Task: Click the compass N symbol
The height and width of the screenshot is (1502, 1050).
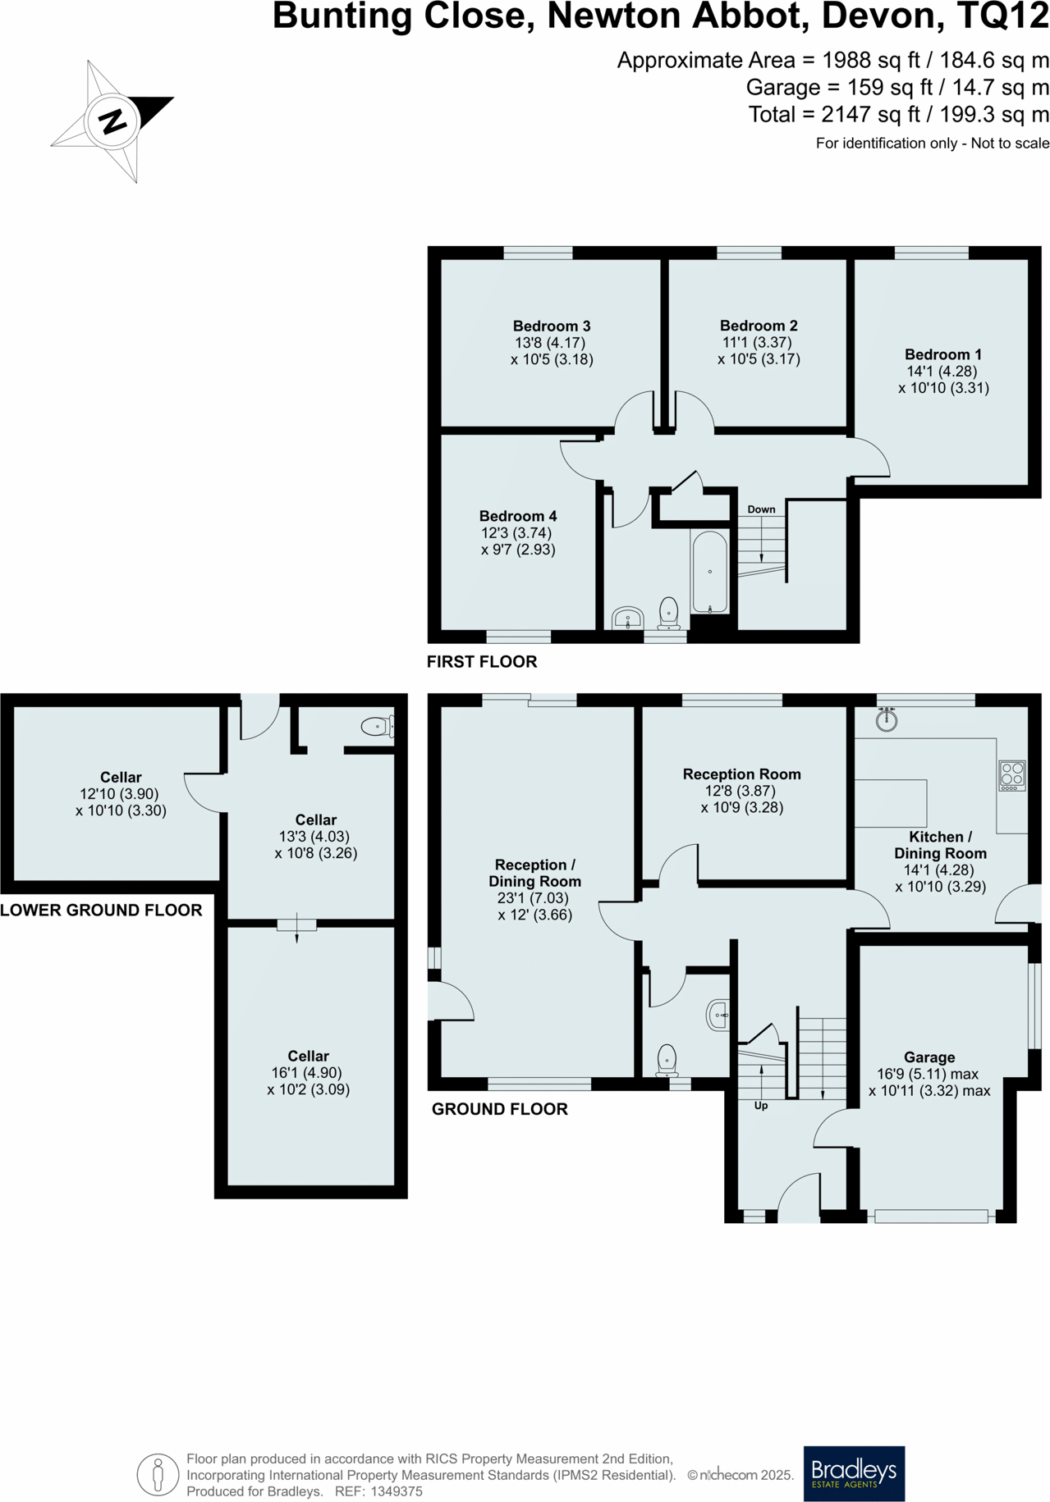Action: tap(112, 121)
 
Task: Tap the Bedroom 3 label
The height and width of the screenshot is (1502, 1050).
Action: tap(551, 326)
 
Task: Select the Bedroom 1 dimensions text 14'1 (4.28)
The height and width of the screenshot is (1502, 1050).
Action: tap(942, 371)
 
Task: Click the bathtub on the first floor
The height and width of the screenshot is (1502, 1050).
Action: tap(710, 573)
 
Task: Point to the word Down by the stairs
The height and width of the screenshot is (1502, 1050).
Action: tap(761, 509)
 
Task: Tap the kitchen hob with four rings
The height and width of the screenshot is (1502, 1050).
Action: tap(1012, 775)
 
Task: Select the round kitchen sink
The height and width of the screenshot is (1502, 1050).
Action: tap(887, 720)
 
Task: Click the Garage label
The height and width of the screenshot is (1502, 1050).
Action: tap(928, 1057)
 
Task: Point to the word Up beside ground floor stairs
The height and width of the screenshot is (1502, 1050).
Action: tap(761, 1106)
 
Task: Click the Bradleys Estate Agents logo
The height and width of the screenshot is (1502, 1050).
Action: tap(854, 1473)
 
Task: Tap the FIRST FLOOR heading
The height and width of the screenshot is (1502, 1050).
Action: tap(481, 661)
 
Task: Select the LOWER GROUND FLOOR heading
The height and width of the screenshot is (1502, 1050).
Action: tap(101, 910)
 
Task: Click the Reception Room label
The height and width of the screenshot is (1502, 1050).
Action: tap(741, 774)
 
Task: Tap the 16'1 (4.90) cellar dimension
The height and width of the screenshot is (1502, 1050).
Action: tap(308, 1072)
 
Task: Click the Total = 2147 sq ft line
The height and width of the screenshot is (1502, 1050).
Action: tap(898, 114)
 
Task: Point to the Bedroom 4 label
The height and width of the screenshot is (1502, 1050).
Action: tap(518, 516)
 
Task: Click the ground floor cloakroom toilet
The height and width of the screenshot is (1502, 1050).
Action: tap(667, 1060)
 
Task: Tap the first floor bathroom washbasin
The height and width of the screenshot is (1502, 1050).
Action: tap(627, 618)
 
